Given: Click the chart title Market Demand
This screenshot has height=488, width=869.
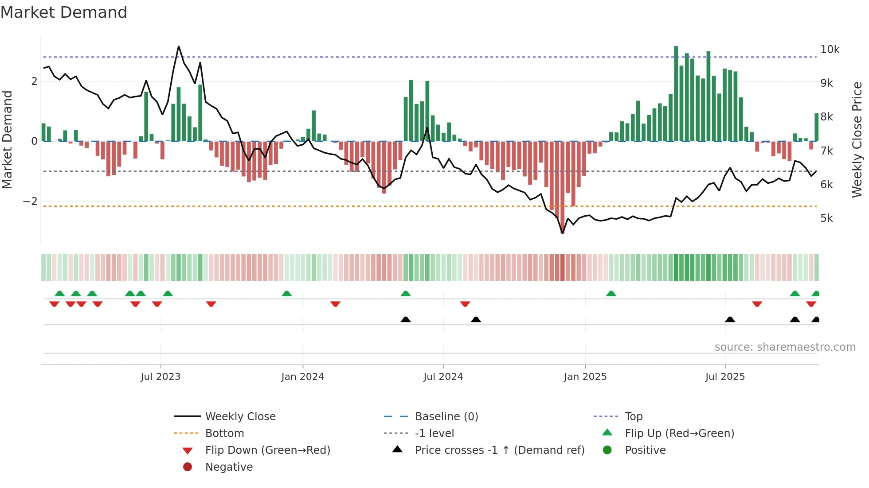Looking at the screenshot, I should coord(64,12).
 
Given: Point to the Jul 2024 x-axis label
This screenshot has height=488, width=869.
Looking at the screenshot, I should coord(443,376).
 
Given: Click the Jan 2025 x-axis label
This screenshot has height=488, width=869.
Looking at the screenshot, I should coord(585,376).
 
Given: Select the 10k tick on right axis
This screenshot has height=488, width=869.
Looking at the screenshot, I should coord(830,49).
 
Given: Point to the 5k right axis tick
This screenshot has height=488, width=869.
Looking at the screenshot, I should coord(826,218).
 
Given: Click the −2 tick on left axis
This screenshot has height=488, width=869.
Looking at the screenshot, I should coord(30,201).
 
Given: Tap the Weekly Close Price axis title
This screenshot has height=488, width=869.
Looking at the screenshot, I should coord(857,139).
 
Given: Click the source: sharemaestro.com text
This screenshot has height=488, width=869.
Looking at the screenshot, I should coord(785,347).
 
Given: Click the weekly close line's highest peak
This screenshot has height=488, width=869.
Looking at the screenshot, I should coord(179,46).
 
